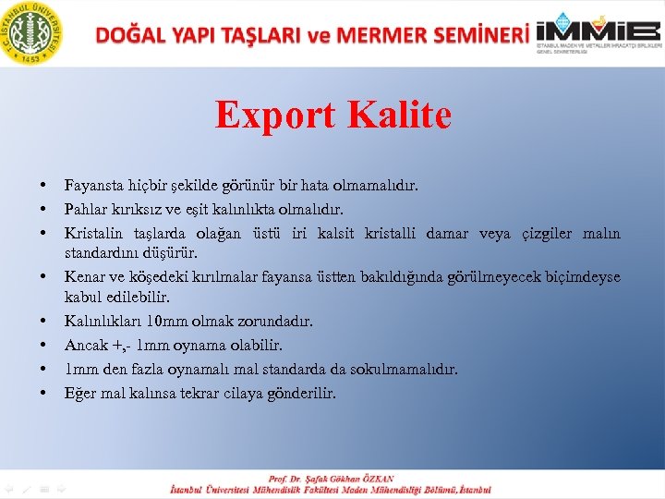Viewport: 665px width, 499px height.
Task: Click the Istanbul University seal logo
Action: tap(34, 32)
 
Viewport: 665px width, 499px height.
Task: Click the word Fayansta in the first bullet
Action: tap(92, 187)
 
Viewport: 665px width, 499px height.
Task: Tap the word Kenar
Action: tap(83, 277)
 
